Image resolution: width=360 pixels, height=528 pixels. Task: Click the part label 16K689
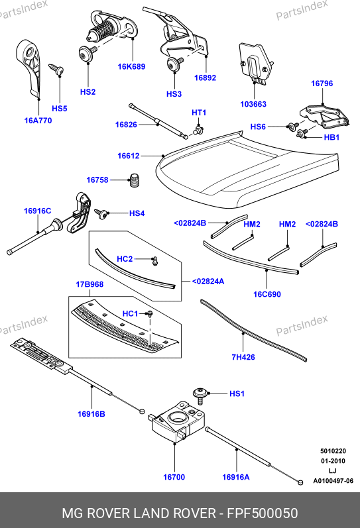point(131,67)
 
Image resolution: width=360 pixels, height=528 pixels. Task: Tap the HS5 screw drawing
point(56,69)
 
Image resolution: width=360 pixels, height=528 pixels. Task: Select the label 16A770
point(38,121)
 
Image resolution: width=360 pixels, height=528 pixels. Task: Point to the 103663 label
point(253,105)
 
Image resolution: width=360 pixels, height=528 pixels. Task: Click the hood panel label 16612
point(129,156)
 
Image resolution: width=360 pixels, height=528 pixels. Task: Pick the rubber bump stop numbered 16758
point(135,180)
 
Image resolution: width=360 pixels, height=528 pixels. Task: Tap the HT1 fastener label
point(199,113)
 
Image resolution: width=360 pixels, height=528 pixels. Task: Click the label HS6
point(258,127)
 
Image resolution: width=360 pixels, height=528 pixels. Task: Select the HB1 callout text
point(331,137)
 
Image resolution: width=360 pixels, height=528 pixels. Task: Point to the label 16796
point(322,83)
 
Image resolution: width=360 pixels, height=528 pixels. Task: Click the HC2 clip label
point(125,259)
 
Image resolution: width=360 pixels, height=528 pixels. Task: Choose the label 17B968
point(90,285)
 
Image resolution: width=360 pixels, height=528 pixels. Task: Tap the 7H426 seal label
point(243,357)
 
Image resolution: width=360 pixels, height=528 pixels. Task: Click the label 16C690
point(267,294)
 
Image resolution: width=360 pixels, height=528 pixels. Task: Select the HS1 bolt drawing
point(200,396)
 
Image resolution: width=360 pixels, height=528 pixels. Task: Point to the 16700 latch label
point(174,477)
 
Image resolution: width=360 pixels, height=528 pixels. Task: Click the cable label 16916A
point(236,477)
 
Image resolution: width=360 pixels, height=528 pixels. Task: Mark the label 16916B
point(91,414)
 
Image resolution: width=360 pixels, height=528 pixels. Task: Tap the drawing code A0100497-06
point(333,481)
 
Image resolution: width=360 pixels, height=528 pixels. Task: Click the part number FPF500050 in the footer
point(263,513)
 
